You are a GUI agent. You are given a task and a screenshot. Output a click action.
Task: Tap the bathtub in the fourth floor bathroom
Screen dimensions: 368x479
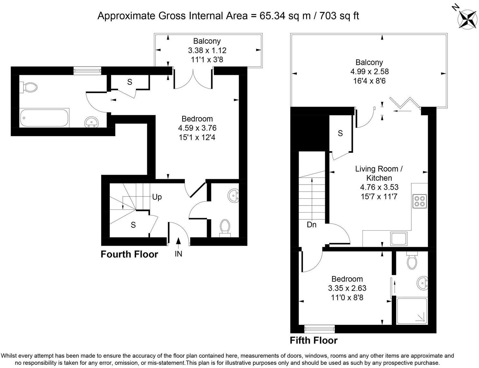(x=44, y=118)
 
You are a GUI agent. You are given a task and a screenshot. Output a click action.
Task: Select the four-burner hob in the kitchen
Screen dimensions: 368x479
(x=419, y=201)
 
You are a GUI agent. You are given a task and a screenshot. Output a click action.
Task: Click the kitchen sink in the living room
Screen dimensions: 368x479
(x=399, y=239)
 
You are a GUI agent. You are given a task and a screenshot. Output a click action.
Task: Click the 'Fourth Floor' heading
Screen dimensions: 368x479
(x=129, y=254)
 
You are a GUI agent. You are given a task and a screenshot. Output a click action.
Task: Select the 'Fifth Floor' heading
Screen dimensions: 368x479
(x=314, y=340)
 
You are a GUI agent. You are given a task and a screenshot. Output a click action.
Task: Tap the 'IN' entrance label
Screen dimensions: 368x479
(x=178, y=254)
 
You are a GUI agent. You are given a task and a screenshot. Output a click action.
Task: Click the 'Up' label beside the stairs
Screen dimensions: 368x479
(x=157, y=197)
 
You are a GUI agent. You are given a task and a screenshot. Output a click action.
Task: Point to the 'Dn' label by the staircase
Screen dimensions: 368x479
(x=311, y=225)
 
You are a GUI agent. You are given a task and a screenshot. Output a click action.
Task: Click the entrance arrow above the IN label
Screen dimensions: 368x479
(x=178, y=242)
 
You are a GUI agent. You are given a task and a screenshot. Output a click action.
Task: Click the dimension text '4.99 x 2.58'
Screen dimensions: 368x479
(x=369, y=71)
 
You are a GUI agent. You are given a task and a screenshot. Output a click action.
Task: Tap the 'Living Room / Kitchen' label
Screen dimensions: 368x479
(x=379, y=173)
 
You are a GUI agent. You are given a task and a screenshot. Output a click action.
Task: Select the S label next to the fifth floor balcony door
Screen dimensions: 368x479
(x=340, y=133)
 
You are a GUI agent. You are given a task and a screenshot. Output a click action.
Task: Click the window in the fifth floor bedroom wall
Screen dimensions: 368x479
(x=319, y=328)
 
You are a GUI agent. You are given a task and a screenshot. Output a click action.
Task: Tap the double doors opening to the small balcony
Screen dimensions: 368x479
(x=193, y=79)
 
